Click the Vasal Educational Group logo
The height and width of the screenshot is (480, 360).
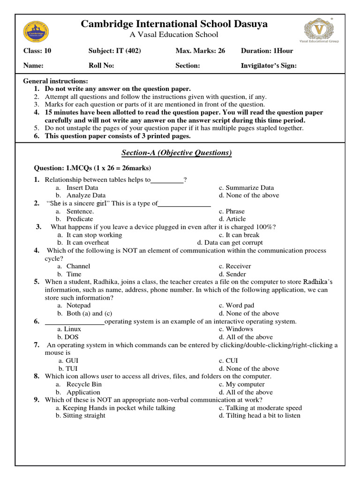click(321, 29)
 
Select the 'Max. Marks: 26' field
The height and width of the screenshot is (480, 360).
click(200, 51)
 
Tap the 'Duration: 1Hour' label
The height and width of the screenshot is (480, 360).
click(267, 51)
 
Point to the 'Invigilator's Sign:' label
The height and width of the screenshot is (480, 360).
click(269, 66)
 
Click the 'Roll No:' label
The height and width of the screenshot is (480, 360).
click(101, 66)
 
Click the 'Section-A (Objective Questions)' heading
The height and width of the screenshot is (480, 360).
click(177, 153)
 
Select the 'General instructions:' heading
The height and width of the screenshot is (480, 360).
click(56, 81)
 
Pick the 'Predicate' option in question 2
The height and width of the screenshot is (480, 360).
click(80, 219)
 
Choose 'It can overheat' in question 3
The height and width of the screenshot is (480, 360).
click(88, 243)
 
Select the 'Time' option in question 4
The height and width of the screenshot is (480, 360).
click(74, 274)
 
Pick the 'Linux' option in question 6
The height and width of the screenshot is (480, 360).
click(73, 329)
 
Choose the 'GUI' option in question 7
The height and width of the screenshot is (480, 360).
click(72, 360)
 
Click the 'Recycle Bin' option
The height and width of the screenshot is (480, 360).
click(84, 384)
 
